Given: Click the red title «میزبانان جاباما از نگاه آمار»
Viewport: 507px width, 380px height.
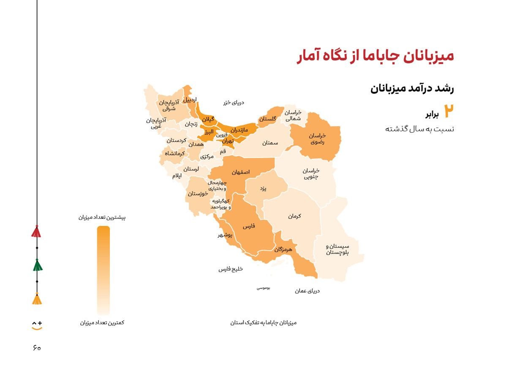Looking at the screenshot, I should pos(375,57).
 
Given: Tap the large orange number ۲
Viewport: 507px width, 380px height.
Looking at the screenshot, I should pos(449,111).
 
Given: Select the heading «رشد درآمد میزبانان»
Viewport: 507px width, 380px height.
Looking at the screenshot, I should pos(412,89).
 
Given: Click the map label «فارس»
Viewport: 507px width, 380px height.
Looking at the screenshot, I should pos(249,226).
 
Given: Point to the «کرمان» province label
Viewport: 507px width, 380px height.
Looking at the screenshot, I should pos(294,216).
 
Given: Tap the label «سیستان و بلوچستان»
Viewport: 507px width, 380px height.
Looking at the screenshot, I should pos(338,249).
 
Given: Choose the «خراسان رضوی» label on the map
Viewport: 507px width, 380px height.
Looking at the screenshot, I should pos(317,139).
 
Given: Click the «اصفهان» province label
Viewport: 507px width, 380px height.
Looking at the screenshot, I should pos(240,172).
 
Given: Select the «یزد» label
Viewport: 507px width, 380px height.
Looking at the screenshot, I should pos(263,189).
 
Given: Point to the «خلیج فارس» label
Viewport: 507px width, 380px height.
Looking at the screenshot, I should pos(231,269).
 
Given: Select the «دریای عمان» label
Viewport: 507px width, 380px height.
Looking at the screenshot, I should pos(307,291).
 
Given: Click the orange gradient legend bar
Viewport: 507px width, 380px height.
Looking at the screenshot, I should pos(103,270).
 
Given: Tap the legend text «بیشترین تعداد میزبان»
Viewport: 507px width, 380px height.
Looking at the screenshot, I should pos(102,217).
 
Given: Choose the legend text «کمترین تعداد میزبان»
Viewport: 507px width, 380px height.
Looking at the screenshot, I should pos(102,323).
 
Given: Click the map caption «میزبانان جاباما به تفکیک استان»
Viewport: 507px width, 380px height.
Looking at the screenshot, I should pos(263,323).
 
